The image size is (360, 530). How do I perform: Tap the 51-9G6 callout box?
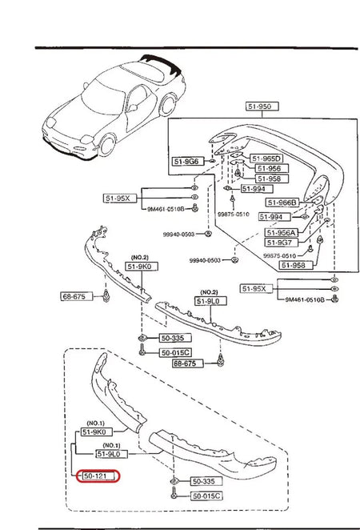click(x=186, y=162)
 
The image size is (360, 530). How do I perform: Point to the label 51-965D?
click(x=266, y=159)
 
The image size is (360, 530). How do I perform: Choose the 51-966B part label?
click(x=282, y=203)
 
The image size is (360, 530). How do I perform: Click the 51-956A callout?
click(x=282, y=232)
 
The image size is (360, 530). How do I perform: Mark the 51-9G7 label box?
click(x=281, y=243)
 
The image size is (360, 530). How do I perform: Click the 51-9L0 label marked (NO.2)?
click(x=210, y=301)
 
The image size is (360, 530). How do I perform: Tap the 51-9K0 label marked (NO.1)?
click(x=94, y=432)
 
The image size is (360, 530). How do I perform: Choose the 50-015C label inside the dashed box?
click(x=205, y=496)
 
